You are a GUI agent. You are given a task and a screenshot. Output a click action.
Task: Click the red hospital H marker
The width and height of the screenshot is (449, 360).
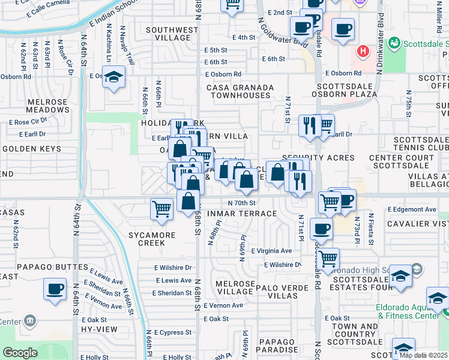point(363,51)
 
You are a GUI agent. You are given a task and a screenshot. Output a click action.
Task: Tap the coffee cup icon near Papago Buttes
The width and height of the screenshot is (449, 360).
point(55,289)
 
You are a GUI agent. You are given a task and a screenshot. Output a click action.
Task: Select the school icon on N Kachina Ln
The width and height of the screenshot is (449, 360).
point(113,77)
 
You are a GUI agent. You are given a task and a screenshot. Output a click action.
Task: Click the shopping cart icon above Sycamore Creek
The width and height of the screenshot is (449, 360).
point(161,209)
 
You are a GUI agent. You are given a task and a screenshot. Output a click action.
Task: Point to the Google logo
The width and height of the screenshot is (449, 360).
point(20,353)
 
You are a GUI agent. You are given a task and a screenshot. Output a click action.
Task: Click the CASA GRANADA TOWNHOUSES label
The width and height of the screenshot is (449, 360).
point(240,92)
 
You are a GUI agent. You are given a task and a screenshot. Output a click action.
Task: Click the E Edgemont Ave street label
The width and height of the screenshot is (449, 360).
point(411,209)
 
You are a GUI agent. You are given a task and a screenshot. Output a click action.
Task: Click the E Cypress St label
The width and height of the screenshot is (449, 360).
point(172,332)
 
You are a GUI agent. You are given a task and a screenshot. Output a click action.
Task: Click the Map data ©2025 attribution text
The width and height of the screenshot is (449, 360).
point(424,355)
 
